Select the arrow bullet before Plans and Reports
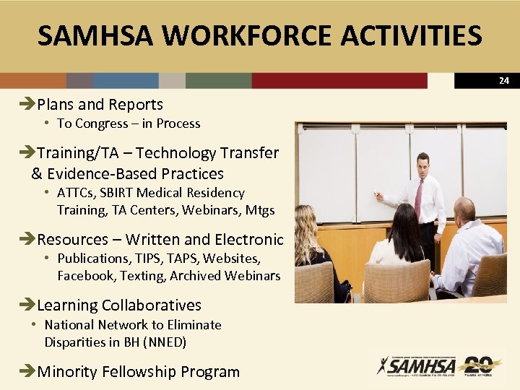(30, 105)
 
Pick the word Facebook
(86, 275)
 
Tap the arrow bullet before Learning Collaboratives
(30, 305)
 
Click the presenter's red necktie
(419, 199)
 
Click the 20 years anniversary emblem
(478, 365)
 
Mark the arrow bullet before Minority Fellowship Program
(30, 372)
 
